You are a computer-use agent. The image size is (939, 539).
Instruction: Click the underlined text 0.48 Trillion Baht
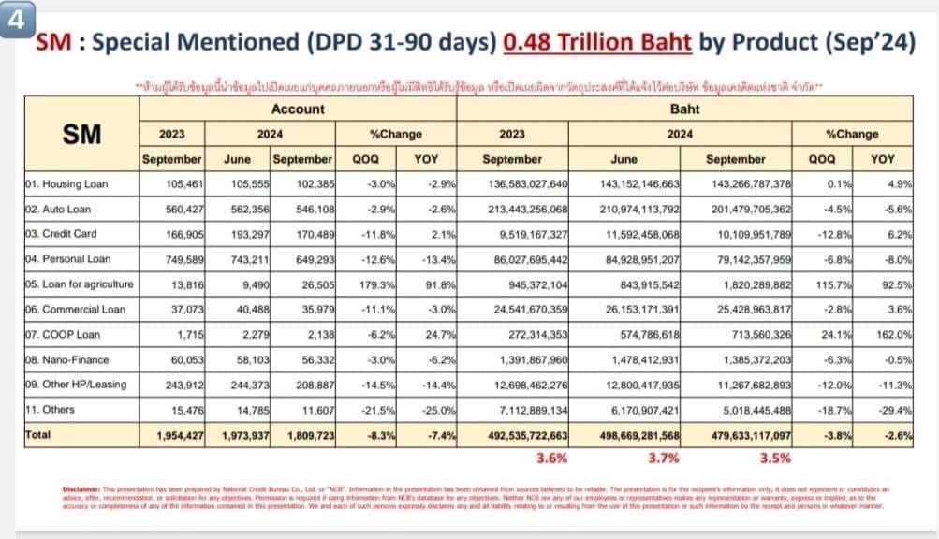(596, 44)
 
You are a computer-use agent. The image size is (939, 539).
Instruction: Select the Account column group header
(297, 109)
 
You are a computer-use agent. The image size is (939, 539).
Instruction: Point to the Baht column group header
(684, 109)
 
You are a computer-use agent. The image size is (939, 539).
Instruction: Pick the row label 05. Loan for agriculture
(80, 284)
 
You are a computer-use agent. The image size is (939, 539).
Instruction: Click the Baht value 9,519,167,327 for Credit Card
(519, 234)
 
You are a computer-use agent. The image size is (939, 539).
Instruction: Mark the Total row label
(39, 435)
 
